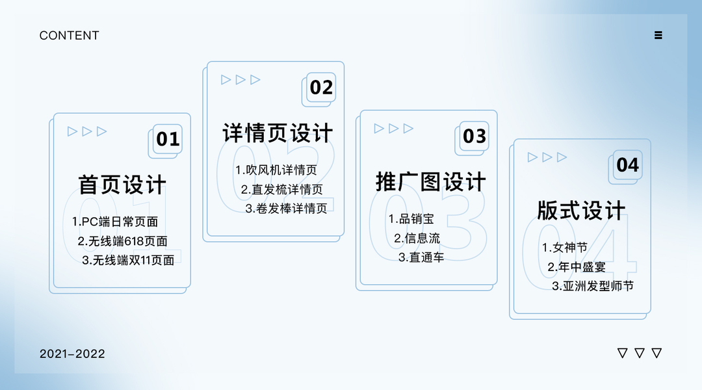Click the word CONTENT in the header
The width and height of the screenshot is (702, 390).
69,36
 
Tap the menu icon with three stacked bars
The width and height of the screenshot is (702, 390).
658,35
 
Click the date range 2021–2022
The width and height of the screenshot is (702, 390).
72,354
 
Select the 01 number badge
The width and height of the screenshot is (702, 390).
168,139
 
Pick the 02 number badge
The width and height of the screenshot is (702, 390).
321,87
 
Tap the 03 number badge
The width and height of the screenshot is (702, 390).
474,136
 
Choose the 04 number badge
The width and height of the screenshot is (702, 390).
628,165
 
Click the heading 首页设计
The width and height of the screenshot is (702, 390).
122,185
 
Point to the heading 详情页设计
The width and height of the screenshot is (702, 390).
278,133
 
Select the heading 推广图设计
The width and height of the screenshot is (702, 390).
430,182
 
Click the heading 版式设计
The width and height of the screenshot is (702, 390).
581,211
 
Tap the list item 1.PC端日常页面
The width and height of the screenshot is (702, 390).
115,222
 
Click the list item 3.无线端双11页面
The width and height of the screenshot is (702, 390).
128,260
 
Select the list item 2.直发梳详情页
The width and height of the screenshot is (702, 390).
281,190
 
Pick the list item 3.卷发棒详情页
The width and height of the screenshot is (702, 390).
286,209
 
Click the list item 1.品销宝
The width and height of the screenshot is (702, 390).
411,219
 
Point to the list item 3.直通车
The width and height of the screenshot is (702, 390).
421,257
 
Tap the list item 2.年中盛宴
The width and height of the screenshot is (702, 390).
576,266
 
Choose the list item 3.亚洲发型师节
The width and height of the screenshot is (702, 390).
593,286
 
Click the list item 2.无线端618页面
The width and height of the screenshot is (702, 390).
122,241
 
